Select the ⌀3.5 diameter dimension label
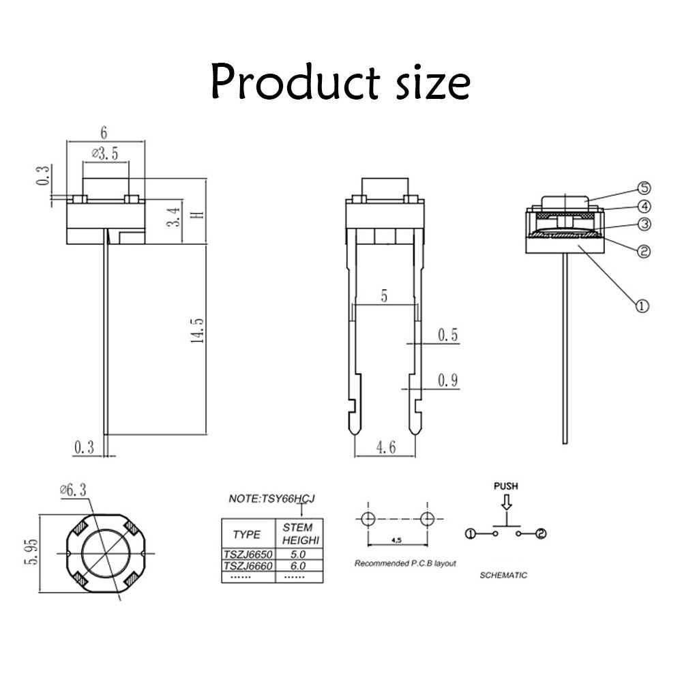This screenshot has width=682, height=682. point(104,154)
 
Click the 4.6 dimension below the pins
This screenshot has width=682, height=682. point(385,447)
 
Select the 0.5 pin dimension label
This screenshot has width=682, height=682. point(447,335)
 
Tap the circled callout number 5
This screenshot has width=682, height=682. point(644,188)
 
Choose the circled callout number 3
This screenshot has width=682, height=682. point(644,224)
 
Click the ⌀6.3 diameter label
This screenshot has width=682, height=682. point(73,490)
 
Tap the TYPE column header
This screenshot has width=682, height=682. point(247,534)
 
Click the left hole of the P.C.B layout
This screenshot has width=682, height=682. point(367,519)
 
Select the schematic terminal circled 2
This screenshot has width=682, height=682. point(541,533)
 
